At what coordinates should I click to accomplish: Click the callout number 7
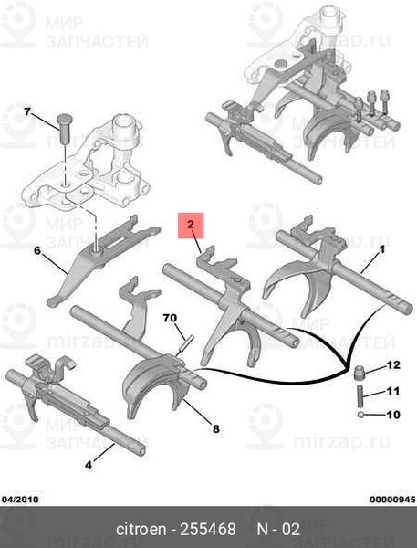[27, 111]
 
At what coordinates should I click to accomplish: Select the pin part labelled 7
[63, 128]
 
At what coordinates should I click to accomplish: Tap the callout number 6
[37, 250]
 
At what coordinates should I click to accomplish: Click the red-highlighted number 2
[191, 225]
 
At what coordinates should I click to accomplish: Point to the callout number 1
[381, 249]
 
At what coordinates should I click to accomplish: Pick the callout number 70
[170, 318]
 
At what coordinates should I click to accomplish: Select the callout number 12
[393, 365]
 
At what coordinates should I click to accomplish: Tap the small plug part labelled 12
[359, 373]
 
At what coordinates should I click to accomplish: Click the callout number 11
[393, 390]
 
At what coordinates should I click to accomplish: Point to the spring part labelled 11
[360, 396]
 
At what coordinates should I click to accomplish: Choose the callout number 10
[393, 415]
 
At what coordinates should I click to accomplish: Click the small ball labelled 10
[360, 415]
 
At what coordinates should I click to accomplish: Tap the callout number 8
[216, 428]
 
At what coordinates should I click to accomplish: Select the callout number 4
[89, 465]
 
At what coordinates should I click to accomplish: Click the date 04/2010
[20, 500]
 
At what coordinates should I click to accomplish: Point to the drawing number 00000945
[392, 500]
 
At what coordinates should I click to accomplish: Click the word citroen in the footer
[141, 529]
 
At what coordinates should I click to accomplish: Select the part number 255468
[208, 529]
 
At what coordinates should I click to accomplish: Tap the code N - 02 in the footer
[278, 529]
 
